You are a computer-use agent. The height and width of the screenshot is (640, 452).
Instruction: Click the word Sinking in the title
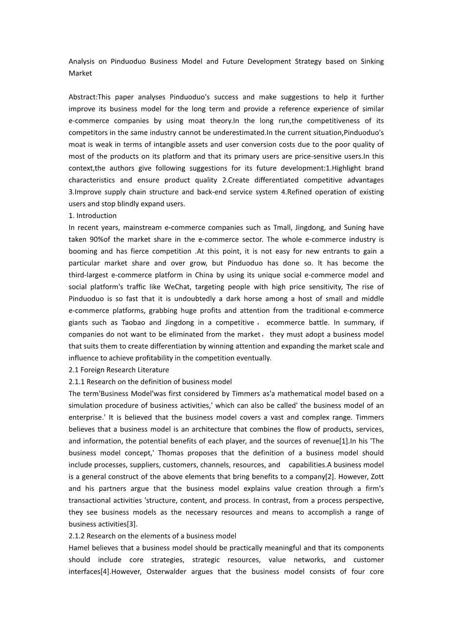click(x=372, y=62)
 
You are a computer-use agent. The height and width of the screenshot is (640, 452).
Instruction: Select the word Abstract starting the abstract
click(x=82, y=97)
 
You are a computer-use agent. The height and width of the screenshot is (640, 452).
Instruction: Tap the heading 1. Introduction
click(x=93, y=216)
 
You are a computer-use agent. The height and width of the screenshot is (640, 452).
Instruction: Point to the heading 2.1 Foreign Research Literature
click(x=119, y=370)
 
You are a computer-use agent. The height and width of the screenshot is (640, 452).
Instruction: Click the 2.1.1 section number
click(x=77, y=382)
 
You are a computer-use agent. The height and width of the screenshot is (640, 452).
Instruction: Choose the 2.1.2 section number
click(x=77, y=536)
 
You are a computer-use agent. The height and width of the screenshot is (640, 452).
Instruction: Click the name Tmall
click(x=288, y=227)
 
